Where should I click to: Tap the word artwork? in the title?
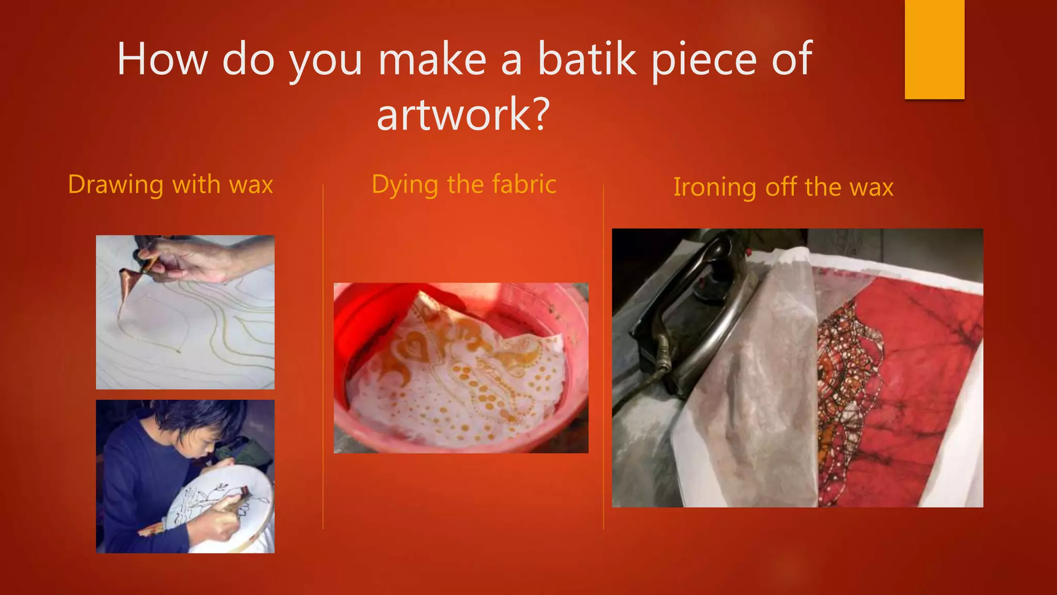(462, 114)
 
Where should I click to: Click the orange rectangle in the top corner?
(934, 49)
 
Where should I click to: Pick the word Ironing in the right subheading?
(715, 187)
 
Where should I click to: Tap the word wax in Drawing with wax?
(251, 185)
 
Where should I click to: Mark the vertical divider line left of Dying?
(323, 356)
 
